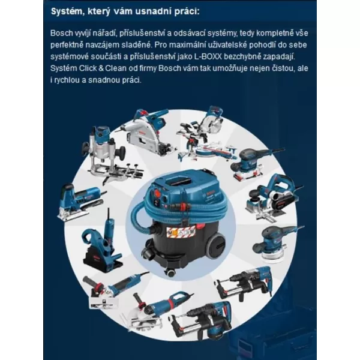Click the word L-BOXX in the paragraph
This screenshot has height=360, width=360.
click(x=208, y=57)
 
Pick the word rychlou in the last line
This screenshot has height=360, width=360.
click(x=67, y=80)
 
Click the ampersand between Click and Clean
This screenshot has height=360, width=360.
click(x=101, y=68)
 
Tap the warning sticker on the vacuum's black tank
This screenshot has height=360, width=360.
click(x=181, y=231)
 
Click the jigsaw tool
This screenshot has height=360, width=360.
click(x=81, y=202)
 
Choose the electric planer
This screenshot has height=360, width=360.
click(x=273, y=198)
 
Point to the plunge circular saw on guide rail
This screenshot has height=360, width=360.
click(x=147, y=131)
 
